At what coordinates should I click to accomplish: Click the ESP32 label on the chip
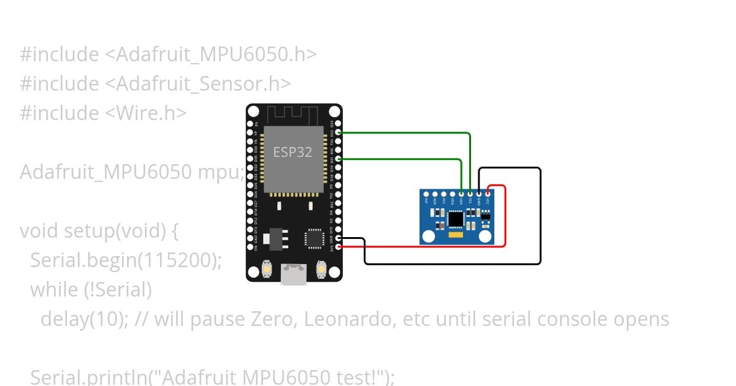[293, 153]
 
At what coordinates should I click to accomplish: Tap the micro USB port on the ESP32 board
[294, 274]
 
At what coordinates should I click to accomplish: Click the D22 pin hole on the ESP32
[339, 132]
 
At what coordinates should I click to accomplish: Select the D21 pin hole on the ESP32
[339, 159]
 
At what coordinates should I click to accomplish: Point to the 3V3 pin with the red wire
[339, 247]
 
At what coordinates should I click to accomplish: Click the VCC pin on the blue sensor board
[488, 193]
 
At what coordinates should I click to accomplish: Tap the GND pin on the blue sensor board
[479, 193]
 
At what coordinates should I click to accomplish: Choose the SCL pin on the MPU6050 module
[470, 193]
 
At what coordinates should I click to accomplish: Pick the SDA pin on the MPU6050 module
[461, 193]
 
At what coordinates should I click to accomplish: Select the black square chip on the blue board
[456, 219]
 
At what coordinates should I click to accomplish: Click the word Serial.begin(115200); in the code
[126, 260]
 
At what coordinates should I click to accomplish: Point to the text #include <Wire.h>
[103, 113]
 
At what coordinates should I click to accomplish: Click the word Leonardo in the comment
[350, 319]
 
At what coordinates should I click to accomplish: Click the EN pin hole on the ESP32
[250, 123]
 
